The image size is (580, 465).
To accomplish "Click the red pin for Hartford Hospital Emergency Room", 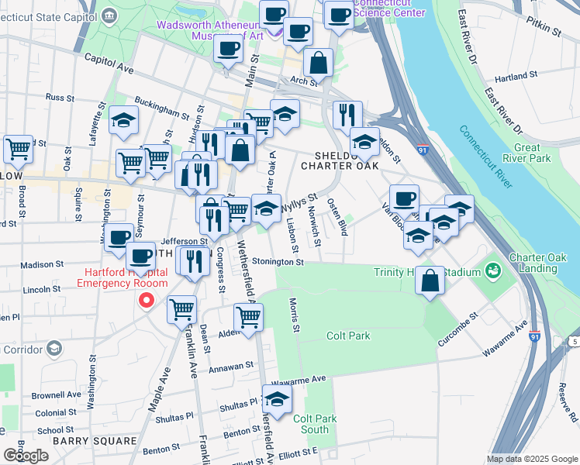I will (x=145, y=301).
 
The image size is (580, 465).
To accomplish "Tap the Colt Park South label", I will (x=315, y=424).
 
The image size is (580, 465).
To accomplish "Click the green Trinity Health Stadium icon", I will (x=491, y=271).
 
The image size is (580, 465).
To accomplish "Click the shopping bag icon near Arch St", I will (x=318, y=63).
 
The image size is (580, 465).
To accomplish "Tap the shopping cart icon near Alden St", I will (x=248, y=318).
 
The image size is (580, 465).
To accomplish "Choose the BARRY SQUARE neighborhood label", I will (x=85, y=441).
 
